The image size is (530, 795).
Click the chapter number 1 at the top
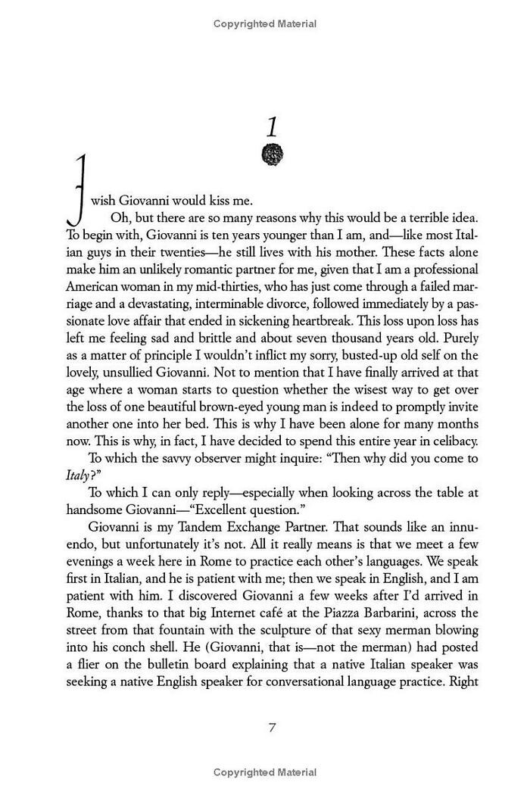[x=271, y=126]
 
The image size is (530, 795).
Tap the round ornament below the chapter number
[x=271, y=156]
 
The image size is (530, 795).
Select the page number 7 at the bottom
[x=271, y=728]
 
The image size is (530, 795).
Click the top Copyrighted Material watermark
[x=265, y=24]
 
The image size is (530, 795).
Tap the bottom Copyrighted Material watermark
[x=265, y=772]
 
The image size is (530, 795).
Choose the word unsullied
[x=141, y=373]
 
